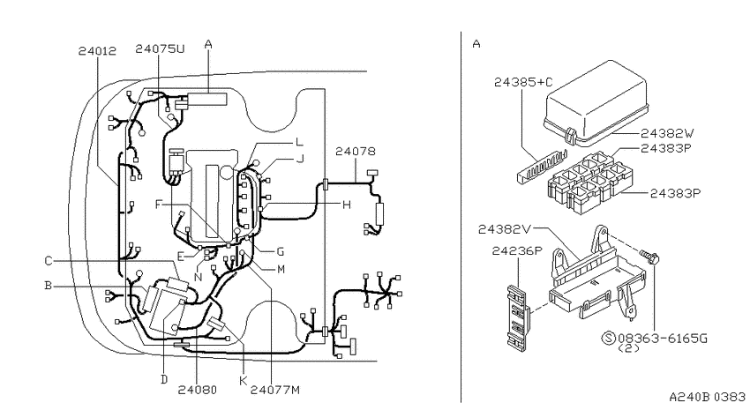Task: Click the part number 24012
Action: point(97,50)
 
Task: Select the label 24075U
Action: point(160,48)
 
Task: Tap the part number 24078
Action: point(356,152)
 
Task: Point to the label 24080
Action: point(197,390)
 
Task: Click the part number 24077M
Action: point(275,390)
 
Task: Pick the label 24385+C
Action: point(523,82)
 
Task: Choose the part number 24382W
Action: point(667,133)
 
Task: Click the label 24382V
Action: point(505,229)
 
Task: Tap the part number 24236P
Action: point(517,251)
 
